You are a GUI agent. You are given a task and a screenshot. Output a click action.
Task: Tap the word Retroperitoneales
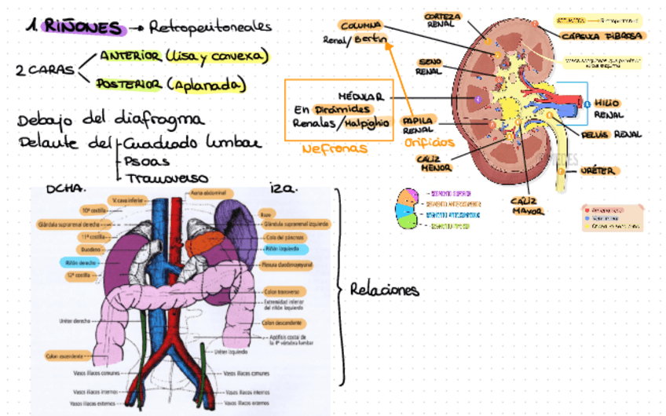(207, 27)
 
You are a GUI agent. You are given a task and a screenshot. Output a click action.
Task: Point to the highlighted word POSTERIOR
(129, 82)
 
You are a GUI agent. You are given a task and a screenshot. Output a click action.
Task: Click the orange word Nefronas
(335, 148)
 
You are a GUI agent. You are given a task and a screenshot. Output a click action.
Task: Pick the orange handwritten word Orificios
(430, 143)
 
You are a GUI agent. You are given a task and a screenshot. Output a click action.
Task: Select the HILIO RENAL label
(609, 108)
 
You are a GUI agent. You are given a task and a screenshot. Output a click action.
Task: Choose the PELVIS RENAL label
(612, 134)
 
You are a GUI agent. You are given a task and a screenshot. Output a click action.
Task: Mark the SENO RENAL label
(428, 66)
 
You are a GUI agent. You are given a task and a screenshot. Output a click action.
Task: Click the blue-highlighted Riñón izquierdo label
(281, 249)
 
